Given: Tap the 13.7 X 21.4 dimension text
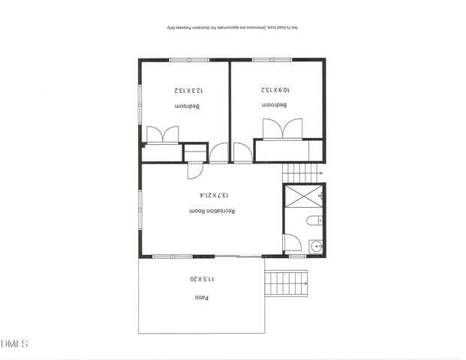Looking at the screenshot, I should point(213,195).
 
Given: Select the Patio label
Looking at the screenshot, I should point(201,297).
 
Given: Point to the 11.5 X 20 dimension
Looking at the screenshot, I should point(201,279).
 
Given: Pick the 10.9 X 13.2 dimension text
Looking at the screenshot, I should point(275,90).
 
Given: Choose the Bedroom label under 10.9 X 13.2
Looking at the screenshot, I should point(275,105).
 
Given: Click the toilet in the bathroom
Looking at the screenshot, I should point(315,220).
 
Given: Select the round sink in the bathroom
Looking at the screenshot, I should point(316,245).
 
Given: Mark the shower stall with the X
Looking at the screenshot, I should point(303,195).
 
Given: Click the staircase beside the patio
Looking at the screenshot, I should point(286,283).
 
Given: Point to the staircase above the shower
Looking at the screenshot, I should point(302,173).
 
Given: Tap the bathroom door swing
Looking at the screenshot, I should point(291,243).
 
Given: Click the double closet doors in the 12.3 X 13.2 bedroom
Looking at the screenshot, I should point(162,134).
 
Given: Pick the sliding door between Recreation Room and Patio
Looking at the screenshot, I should point(239,257).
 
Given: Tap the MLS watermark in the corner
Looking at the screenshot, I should point(14,344).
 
